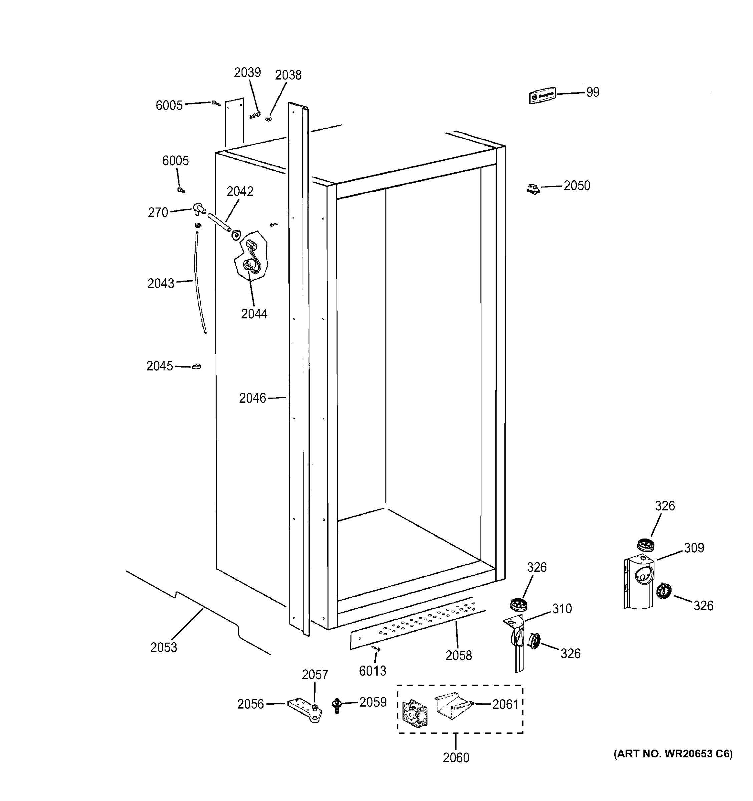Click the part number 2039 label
[247, 72]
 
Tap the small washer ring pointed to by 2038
[268, 119]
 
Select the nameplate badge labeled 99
[542, 96]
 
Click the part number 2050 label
[577, 186]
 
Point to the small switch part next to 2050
[533, 189]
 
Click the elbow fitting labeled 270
[199, 208]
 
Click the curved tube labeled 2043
[200, 282]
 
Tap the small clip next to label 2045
[196, 367]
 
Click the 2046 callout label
[253, 398]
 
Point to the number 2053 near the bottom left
[164, 647]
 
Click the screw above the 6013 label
[376, 649]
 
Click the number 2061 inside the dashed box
[505, 704]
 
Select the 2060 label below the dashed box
[456, 758]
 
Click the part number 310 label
[562, 608]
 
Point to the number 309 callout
[694, 548]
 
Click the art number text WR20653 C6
[673, 754]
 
